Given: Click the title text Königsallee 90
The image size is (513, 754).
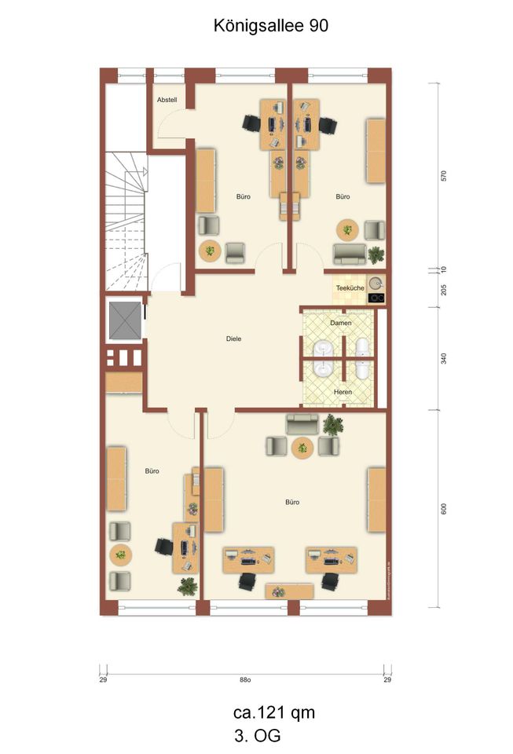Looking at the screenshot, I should point(270,25).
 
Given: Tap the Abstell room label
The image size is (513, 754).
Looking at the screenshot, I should point(167,101).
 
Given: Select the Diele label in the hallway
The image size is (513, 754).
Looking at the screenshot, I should point(233,339).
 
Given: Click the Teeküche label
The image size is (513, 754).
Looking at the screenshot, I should point(350,288).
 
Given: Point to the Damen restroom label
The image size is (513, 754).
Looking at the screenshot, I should point(340,323).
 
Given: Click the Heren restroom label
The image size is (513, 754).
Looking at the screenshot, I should point(341,392).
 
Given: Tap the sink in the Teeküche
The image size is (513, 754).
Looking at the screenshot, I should point(376,283).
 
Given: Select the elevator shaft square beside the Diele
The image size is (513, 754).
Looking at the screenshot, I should point(123,319).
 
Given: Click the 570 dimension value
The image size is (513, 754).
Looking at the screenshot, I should point(444,177).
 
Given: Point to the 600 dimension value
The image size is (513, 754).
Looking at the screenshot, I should point(444,509).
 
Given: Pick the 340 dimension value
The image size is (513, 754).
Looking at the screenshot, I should point(444,359).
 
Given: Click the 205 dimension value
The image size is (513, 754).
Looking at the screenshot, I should point(444,288).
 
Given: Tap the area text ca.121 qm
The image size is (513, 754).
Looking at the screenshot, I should point(274,712).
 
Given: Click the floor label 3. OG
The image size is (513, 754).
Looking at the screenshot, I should point(257,736).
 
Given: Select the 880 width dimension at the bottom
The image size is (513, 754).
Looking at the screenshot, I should point(245,680).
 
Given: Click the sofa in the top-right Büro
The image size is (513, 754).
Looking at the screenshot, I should point(349,254).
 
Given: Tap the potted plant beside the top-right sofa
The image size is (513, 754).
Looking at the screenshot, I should point(376,254).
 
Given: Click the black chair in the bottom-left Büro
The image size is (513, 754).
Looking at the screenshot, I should point(164,546).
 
